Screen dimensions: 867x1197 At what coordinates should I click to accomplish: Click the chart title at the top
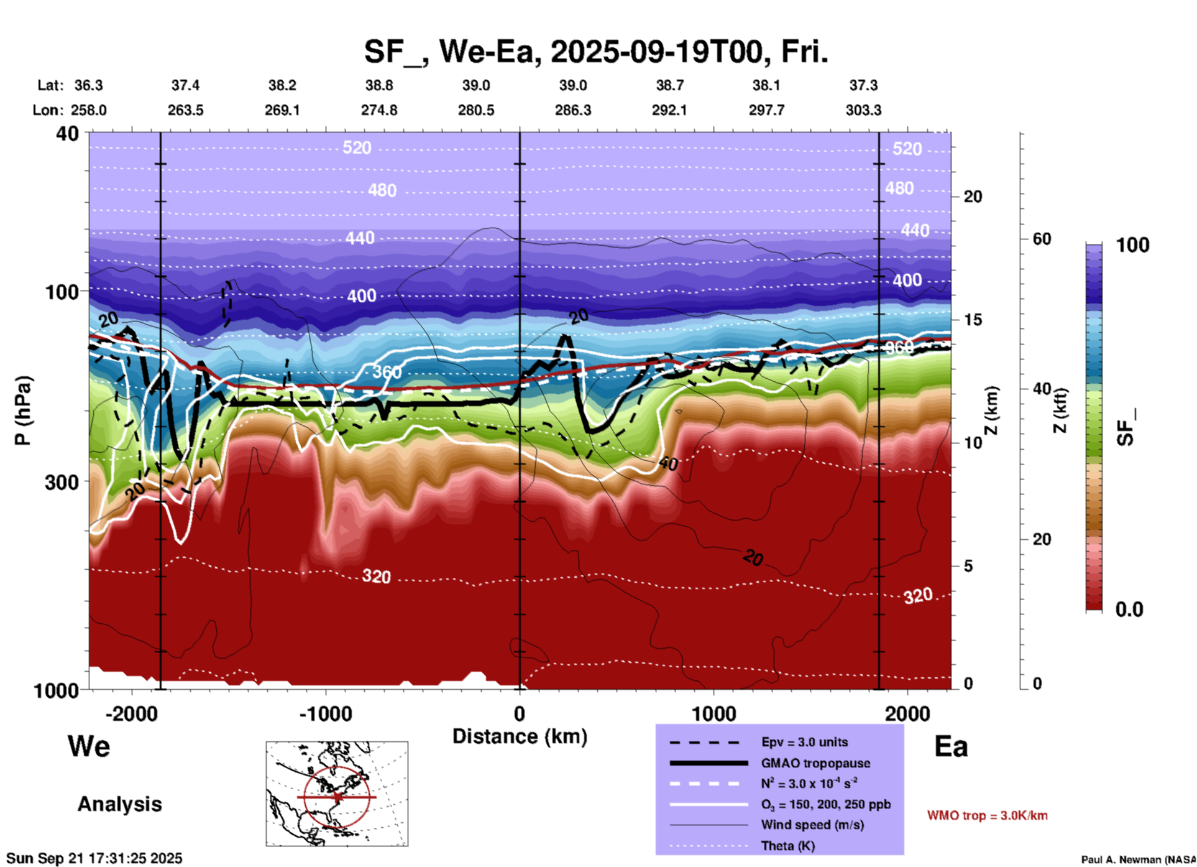tap(595, 52)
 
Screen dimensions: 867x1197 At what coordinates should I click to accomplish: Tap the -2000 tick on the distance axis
tap(131, 713)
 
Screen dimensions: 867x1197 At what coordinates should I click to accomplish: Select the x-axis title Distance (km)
tap(520, 736)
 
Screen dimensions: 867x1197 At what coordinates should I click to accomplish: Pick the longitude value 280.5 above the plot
tap(476, 110)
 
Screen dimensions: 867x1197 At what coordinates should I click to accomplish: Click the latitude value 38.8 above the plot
tap(379, 85)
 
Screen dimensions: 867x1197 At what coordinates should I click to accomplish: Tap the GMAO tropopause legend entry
tap(815, 763)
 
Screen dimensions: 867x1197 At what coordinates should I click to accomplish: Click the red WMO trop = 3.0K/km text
tap(987, 815)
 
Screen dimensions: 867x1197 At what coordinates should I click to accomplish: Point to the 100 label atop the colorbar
tap(1132, 245)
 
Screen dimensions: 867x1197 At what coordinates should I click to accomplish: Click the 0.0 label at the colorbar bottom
tap(1129, 609)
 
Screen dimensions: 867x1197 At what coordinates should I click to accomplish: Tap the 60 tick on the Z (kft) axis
tap(1042, 239)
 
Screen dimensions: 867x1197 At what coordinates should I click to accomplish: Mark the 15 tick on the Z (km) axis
tap(973, 320)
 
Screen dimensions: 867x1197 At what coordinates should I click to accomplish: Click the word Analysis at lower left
tap(119, 804)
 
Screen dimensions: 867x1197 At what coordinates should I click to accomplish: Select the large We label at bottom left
tap(89, 746)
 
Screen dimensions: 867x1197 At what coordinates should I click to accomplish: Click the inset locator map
tap(337, 794)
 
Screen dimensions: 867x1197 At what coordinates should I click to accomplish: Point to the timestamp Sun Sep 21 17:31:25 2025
tap(94, 858)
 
